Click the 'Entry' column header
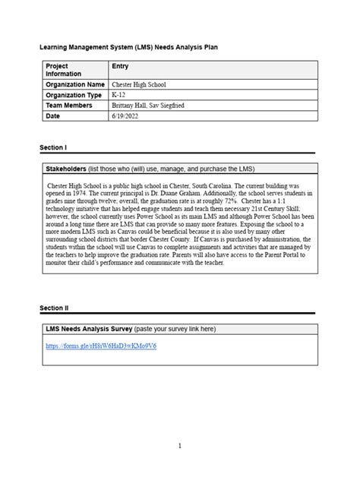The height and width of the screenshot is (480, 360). click(120, 67)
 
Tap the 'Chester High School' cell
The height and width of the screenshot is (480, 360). click(138, 84)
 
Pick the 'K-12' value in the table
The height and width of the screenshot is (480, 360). click(118, 95)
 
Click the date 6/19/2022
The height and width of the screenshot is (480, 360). click(125, 116)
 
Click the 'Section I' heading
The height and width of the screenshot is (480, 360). click(53, 147)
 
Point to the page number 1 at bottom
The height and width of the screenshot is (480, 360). click(179, 446)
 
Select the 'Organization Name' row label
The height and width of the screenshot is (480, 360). click(74, 84)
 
